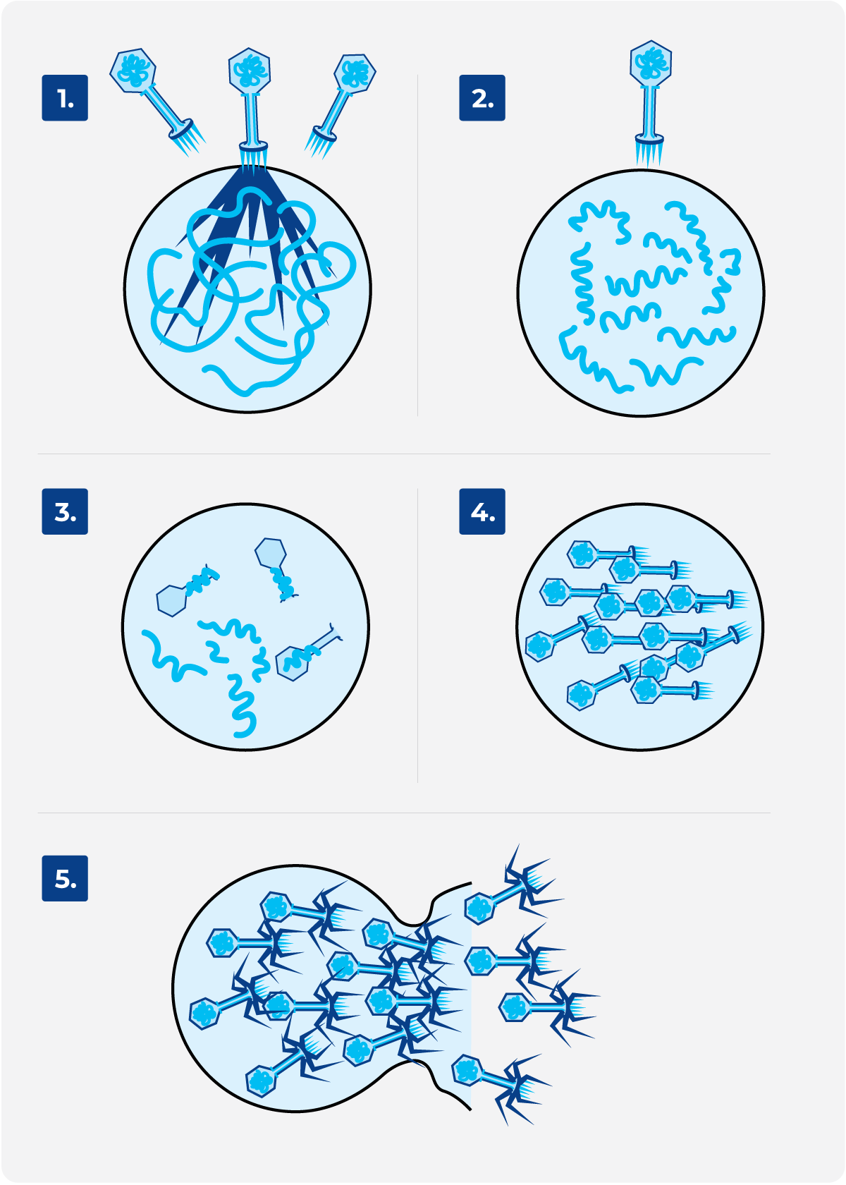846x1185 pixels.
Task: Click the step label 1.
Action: [65, 98]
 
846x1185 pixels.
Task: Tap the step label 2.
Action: [482, 98]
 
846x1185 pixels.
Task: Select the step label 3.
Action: [65, 511]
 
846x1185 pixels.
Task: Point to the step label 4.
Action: [482, 511]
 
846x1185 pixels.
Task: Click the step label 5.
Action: [65, 878]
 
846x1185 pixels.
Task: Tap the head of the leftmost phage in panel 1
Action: [133, 71]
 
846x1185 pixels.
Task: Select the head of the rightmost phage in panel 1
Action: [355, 73]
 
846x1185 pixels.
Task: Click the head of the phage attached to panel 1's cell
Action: [250, 71]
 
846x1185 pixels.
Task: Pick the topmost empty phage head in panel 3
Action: [271, 553]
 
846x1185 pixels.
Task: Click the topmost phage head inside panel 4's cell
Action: [582, 554]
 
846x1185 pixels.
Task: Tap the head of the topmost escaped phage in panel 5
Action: [479, 909]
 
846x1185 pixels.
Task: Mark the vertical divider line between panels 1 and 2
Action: [417, 245]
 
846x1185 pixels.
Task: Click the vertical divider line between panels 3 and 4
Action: [417, 636]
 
